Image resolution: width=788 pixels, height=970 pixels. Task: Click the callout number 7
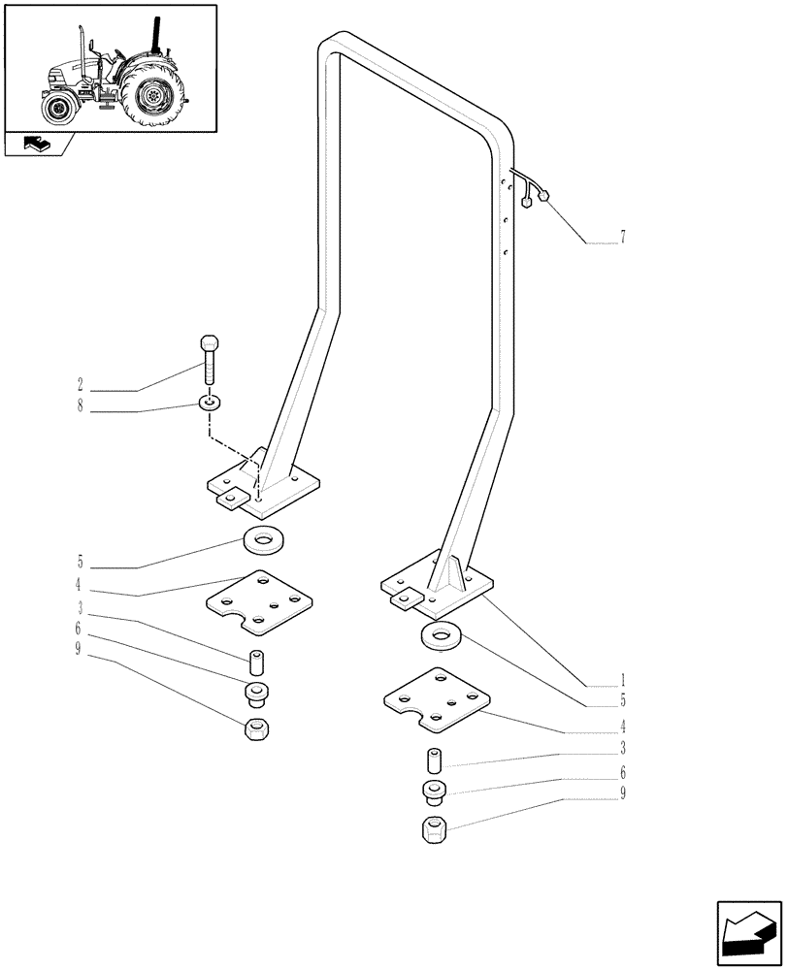pos(622,237)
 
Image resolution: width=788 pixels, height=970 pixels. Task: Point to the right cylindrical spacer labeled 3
pos(433,760)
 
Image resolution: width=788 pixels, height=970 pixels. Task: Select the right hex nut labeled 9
pos(433,831)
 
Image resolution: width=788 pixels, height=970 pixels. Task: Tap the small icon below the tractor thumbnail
pos(37,145)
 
